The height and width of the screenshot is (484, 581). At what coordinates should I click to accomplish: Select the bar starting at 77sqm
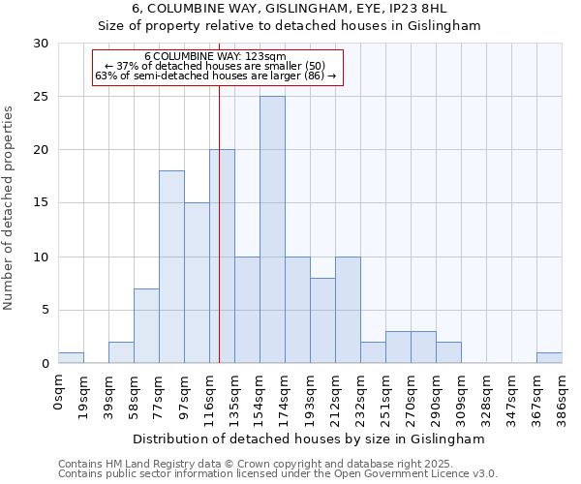point(171,267)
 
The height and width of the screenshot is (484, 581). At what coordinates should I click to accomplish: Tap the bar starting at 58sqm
point(146,325)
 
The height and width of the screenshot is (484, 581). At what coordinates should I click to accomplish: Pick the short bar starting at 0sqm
point(71,358)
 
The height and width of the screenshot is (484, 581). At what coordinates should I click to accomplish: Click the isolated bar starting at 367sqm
point(549,358)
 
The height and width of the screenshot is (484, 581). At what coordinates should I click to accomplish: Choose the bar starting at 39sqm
point(121,352)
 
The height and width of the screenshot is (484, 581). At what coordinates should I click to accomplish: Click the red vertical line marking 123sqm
point(220,242)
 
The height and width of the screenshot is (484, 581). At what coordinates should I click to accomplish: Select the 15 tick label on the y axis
point(41,203)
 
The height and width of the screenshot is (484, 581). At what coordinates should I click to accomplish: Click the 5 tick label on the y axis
point(45,311)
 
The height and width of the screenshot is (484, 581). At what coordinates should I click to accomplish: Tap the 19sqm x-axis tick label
point(84,392)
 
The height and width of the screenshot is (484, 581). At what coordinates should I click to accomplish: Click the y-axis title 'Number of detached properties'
point(10,208)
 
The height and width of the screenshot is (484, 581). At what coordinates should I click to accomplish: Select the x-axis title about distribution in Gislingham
point(310,439)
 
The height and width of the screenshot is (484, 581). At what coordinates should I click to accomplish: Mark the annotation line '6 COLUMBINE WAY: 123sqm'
point(215,56)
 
